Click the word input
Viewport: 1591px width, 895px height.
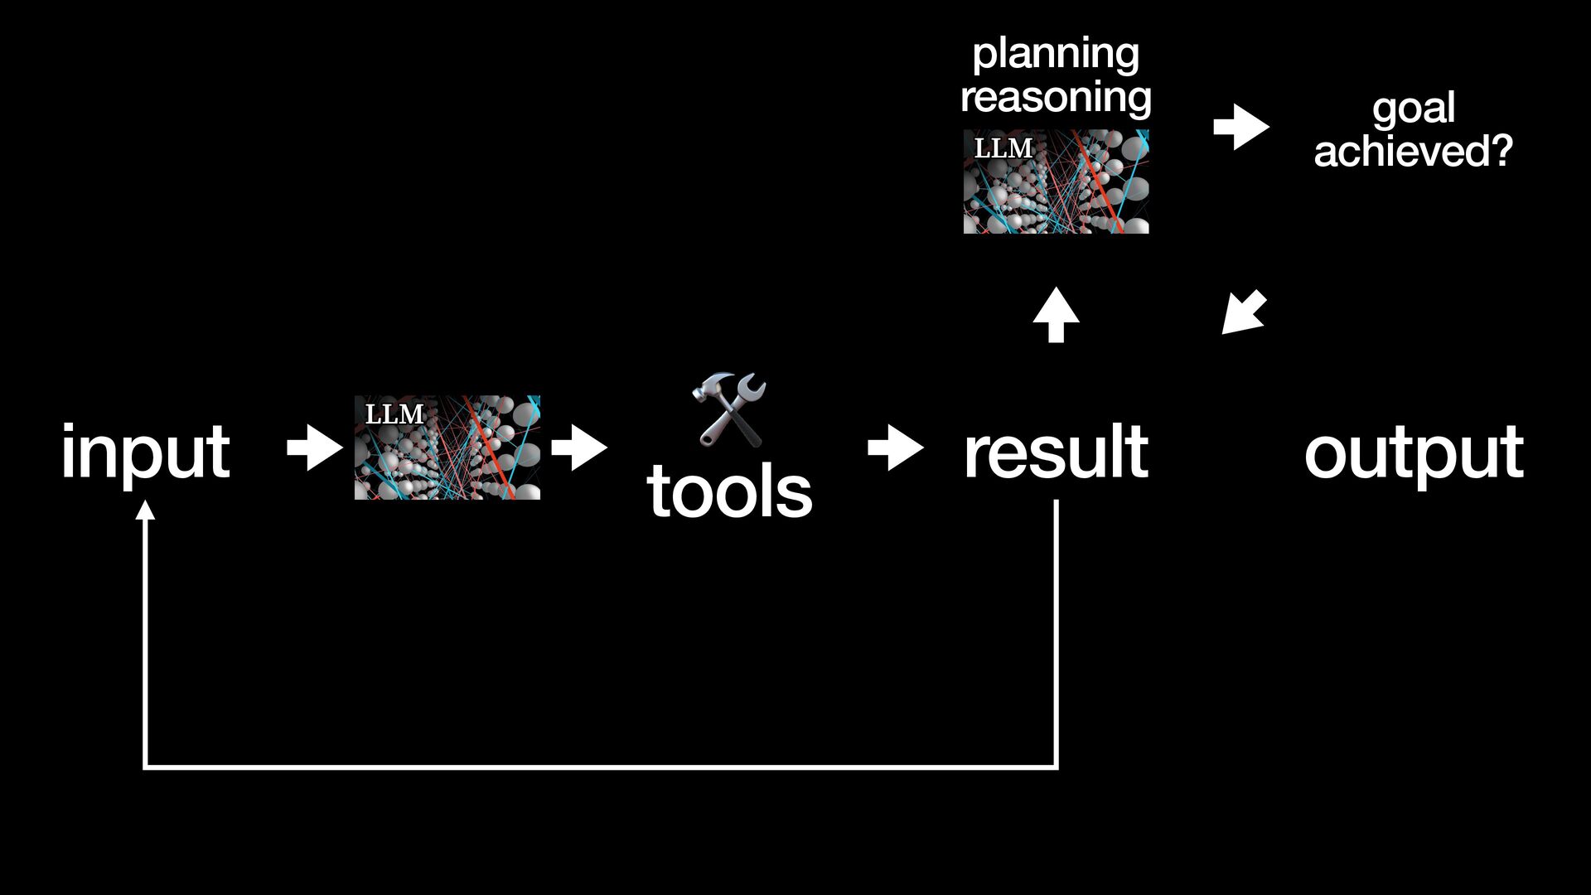click(x=145, y=452)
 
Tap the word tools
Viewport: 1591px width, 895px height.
click(x=729, y=491)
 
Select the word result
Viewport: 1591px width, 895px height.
click(x=1056, y=452)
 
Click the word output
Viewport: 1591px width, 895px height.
click(x=1414, y=453)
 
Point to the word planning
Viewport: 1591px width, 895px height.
click(x=1056, y=55)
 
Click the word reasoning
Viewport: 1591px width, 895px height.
click(x=1056, y=97)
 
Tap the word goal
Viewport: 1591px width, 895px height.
click(x=1414, y=109)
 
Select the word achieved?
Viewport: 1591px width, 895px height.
click(x=1414, y=151)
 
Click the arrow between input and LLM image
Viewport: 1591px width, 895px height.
click(x=314, y=448)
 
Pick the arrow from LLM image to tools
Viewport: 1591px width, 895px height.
click(x=579, y=448)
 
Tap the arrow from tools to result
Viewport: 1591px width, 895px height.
click(x=896, y=448)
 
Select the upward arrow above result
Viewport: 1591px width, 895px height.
click(x=1056, y=314)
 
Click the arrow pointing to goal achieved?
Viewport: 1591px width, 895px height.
click(x=1241, y=128)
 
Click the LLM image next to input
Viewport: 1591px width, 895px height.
click(x=447, y=447)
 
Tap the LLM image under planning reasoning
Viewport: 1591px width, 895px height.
click(x=1056, y=181)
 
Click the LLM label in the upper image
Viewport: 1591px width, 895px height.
click(x=1003, y=148)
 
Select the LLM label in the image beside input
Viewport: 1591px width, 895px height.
click(x=394, y=414)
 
